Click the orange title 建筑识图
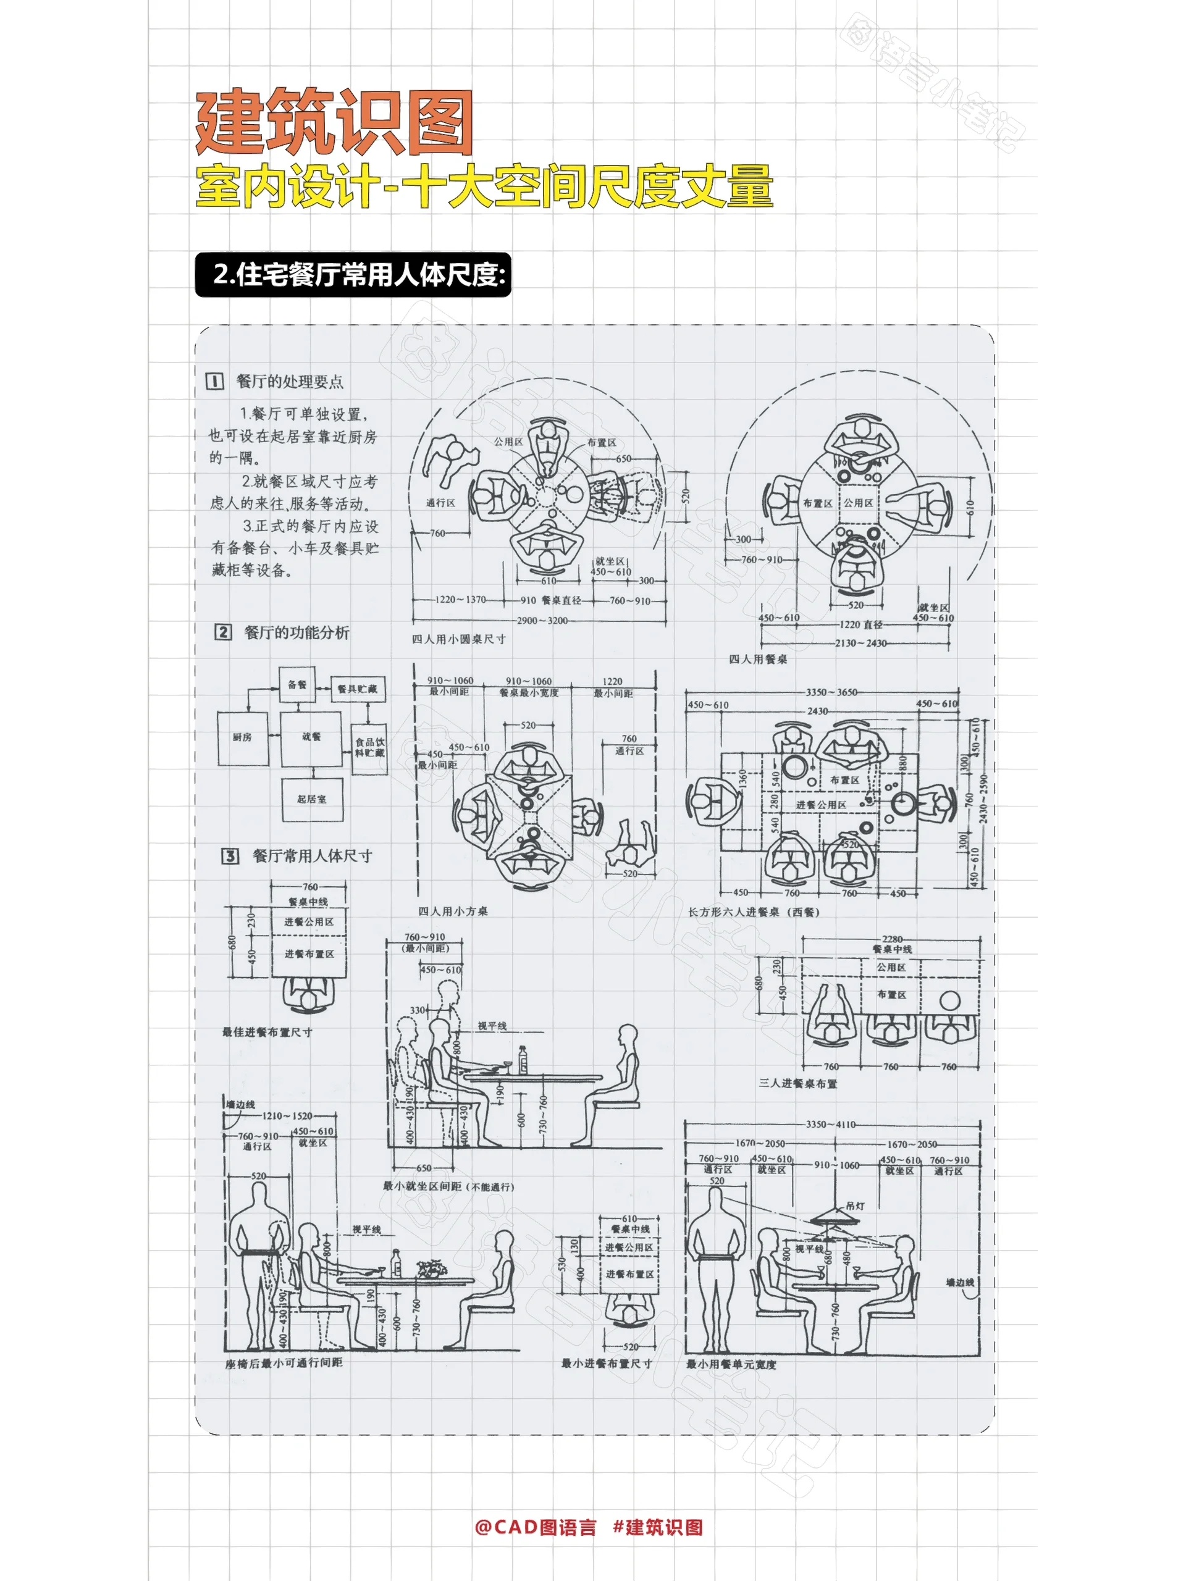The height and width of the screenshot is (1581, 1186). (334, 123)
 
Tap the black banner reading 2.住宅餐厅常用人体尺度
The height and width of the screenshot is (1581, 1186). (353, 274)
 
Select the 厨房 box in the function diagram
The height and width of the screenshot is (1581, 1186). (242, 737)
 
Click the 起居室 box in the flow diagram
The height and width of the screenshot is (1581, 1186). (312, 799)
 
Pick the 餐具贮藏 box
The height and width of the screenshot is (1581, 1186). (358, 689)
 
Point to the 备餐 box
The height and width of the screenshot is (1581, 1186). (297, 685)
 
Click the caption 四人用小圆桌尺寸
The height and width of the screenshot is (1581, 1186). (458, 639)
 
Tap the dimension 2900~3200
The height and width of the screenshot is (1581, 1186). (542, 621)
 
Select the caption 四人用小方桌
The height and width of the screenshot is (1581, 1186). (453, 912)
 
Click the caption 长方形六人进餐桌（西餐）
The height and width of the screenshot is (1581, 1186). (753, 912)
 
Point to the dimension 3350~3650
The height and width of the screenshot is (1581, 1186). (831, 692)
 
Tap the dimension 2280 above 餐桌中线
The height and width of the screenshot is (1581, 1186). (891, 939)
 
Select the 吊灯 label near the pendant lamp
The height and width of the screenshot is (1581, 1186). (855, 1205)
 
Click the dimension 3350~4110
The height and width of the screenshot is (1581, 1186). (830, 1124)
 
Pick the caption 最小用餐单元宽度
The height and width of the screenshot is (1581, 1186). (731, 1364)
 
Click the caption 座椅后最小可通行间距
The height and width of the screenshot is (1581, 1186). (283, 1363)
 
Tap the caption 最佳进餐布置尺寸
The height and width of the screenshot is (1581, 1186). (267, 1032)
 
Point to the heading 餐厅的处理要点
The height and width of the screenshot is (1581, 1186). (290, 382)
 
